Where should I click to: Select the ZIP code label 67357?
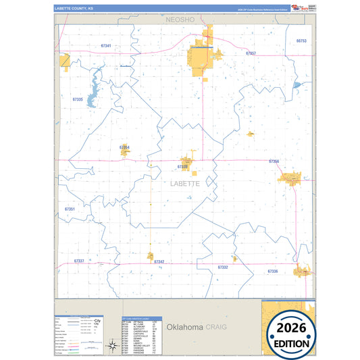click(251, 53)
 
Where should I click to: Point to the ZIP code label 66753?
click(301, 41)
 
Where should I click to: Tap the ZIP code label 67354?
click(124, 147)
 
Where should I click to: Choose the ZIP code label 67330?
click(183, 166)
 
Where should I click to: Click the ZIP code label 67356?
click(274, 161)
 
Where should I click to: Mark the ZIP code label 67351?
click(70, 209)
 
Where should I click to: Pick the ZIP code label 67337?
click(79, 261)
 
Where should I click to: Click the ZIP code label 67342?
click(159, 261)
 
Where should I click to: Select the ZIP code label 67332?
click(223, 267)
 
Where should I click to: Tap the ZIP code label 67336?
click(273, 271)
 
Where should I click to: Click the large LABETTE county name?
click(185, 183)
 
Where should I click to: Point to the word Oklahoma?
click(185, 327)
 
